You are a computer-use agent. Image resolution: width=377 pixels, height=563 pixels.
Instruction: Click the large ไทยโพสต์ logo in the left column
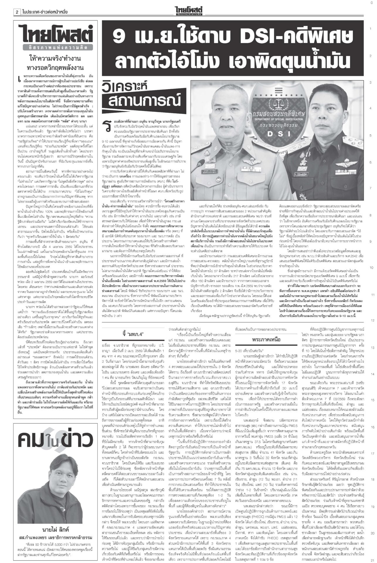pos(55,34)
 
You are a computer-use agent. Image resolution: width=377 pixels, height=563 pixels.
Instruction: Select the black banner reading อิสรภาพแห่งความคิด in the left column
pos(55,48)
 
